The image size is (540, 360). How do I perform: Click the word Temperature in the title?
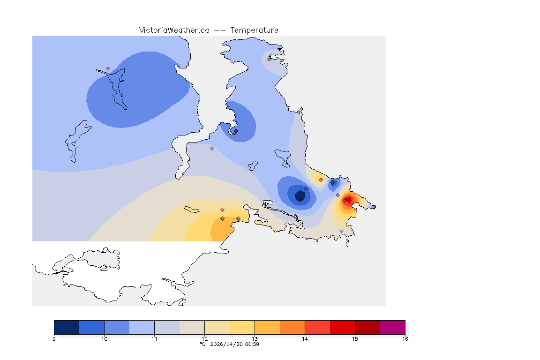254,30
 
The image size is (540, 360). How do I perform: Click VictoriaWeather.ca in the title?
174,30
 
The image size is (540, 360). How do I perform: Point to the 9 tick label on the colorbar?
54,339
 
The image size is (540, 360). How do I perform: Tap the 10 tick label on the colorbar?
104,339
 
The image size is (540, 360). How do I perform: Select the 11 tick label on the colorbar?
154,339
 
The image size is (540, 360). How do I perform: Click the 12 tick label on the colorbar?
204,339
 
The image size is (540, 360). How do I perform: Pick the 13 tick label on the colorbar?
255,339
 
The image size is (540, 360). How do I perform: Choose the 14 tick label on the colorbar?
305,339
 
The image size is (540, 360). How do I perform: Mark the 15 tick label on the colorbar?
355,339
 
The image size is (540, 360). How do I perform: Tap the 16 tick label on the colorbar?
405,339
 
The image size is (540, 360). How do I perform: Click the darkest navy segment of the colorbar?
67,327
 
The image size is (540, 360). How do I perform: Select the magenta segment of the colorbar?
392,327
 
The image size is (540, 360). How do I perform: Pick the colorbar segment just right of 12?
217,327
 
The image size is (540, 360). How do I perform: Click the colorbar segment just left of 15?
342,327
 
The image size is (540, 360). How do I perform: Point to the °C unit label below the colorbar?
202,344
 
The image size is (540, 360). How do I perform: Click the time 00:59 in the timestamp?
252,344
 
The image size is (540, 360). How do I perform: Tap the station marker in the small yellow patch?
321,180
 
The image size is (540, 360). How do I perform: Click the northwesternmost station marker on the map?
108,68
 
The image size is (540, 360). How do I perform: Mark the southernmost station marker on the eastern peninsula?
341,231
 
